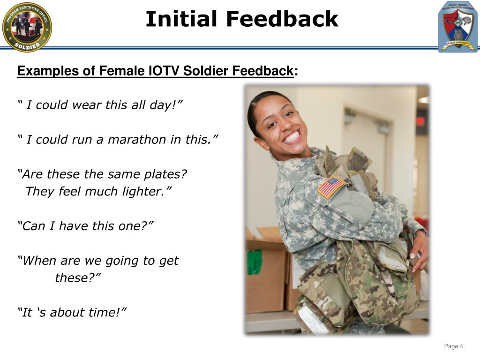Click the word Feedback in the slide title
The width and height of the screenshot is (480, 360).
tap(282, 19)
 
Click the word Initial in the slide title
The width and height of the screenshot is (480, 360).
tap(181, 19)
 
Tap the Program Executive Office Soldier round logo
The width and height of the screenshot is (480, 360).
tap(27, 27)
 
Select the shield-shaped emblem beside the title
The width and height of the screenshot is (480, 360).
tap(457, 27)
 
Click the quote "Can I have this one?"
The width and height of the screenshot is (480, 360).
tap(85, 226)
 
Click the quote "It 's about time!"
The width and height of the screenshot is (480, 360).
tap(72, 313)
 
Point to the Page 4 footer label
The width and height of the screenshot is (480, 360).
tap(453, 346)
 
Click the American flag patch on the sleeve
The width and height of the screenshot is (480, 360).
tap(331, 187)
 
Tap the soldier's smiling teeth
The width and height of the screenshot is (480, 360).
tap(292, 137)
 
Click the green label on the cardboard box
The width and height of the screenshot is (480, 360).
tap(254, 262)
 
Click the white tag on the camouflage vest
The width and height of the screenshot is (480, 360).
tap(312, 320)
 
